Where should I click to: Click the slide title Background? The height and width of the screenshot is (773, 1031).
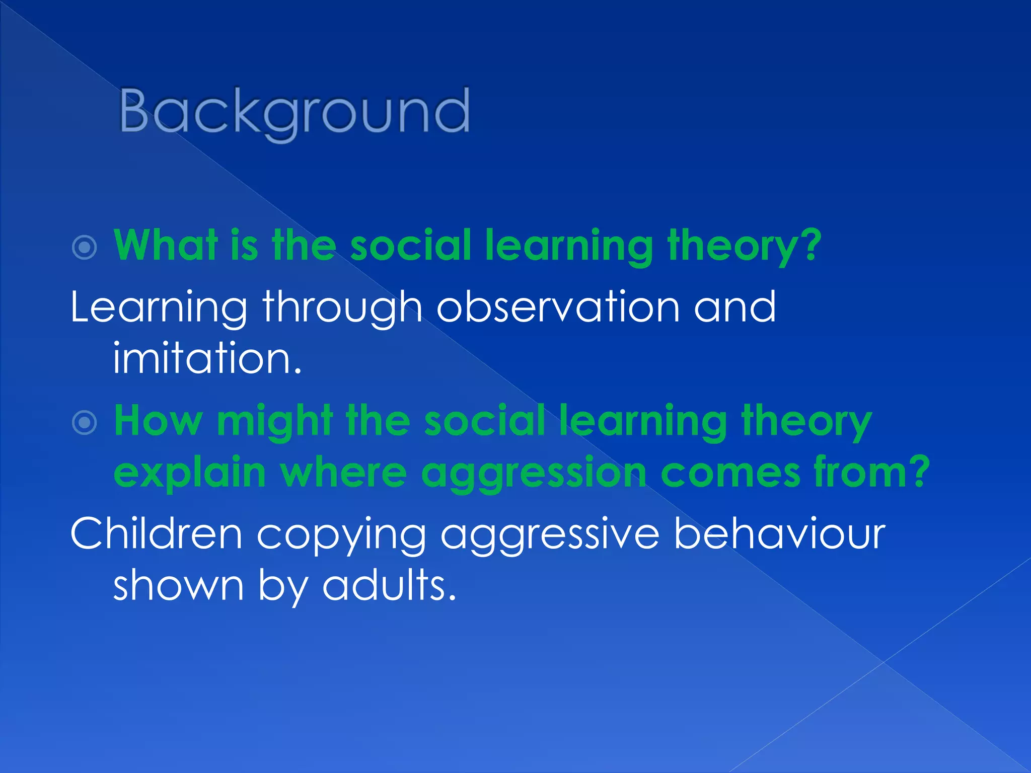294,112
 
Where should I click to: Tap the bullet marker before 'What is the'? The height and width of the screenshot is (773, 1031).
84,247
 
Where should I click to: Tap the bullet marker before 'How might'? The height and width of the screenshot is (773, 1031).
84,423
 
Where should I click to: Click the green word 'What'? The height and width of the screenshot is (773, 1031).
166,245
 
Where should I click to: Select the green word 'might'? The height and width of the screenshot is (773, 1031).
275,423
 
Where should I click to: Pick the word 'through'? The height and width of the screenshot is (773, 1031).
342,308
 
